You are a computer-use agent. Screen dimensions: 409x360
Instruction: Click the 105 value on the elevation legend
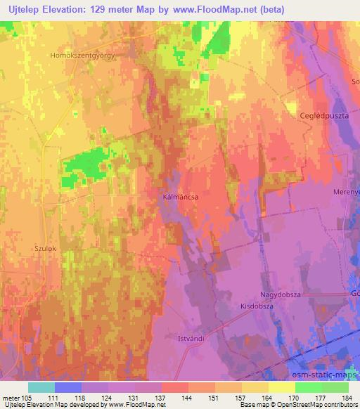(23, 397)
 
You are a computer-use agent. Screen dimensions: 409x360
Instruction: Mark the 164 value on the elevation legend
(268, 397)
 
